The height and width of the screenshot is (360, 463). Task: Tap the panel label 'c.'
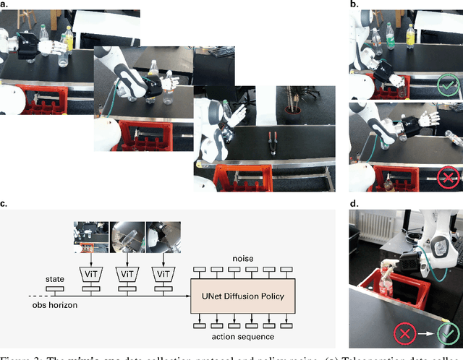(x=4, y=204)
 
